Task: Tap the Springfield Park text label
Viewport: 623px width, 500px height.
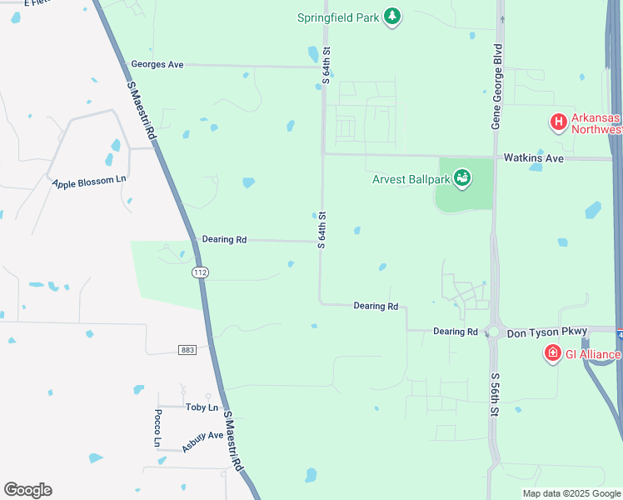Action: tap(339, 17)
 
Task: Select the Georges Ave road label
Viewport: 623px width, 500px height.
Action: tap(157, 64)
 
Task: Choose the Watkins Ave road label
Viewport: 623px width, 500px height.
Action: tap(533, 157)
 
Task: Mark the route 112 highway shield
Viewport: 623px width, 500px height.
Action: tap(200, 272)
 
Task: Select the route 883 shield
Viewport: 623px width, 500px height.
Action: tap(187, 350)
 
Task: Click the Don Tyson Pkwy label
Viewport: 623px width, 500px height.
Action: tap(547, 331)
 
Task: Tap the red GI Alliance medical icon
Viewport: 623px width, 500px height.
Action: tap(551, 354)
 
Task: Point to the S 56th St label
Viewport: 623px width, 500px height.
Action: tap(494, 394)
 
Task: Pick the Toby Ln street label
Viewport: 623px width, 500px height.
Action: tap(202, 407)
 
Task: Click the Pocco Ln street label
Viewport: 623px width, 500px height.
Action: tap(157, 428)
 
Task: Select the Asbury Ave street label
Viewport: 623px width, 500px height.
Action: tap(203, 441)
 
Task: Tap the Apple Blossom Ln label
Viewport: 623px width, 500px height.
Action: tap(89, 181)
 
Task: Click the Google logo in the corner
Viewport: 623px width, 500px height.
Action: tap(27, 490)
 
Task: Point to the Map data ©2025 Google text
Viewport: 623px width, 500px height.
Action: tap(571, 493)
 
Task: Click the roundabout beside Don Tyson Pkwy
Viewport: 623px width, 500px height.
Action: tap(493, 332)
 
